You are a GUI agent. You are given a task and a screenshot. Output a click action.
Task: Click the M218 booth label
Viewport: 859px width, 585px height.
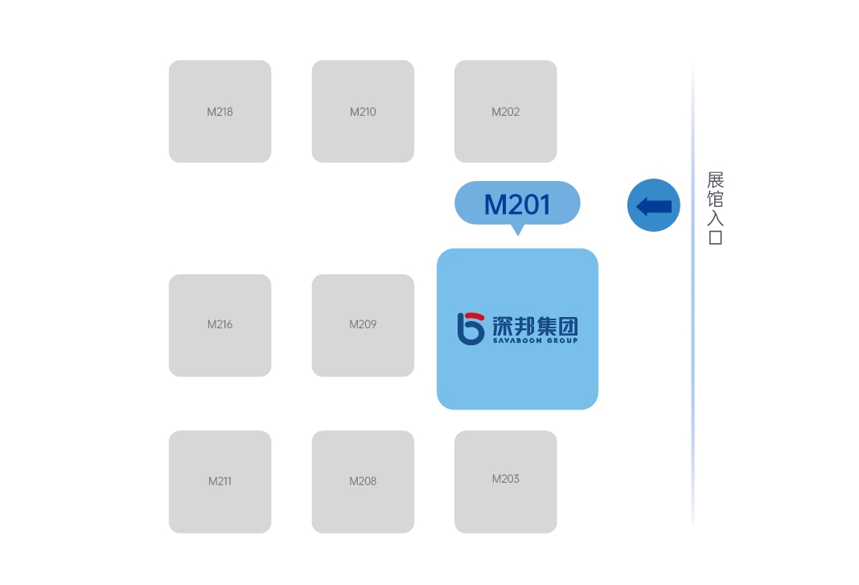(220, 112)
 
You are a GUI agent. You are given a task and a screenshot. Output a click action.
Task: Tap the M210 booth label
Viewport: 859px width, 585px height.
(363, 112)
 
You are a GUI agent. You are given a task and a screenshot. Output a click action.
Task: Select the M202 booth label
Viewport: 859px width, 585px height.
(506, 112)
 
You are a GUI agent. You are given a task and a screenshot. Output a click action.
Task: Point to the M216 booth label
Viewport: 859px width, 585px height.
(220, 324)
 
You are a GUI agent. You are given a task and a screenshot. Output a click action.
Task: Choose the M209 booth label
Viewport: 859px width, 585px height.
(363, 324)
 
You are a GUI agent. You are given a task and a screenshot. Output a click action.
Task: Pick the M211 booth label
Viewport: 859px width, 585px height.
(220, 481)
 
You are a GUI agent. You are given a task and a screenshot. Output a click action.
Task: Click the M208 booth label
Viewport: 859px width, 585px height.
(363, 481)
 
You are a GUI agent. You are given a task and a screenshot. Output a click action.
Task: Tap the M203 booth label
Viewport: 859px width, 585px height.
(506, 479)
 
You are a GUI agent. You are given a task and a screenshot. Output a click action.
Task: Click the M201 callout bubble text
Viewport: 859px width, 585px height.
(517, 204)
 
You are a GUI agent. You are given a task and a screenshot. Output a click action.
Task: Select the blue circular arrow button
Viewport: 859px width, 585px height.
(654, 205)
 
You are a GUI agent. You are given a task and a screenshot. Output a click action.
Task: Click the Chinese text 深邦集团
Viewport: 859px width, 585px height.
(535, 326)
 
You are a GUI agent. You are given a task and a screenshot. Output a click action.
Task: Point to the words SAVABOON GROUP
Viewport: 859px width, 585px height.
(535, 340)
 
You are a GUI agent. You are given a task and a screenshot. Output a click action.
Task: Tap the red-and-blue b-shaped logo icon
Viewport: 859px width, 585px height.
(471, 328)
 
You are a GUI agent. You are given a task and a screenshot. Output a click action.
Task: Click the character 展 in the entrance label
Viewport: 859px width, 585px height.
(716, 179)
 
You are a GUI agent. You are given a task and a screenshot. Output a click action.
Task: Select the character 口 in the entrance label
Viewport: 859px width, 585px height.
(716, 237)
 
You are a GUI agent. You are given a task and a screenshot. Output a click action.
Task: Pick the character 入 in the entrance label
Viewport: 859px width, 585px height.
(716, 218)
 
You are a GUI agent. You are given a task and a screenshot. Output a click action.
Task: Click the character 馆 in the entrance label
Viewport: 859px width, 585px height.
(716, 199)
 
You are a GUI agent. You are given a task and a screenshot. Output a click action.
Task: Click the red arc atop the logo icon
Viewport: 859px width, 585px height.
(475, 315)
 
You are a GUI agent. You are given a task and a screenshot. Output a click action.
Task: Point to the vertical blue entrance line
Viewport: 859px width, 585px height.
(693, 296)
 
